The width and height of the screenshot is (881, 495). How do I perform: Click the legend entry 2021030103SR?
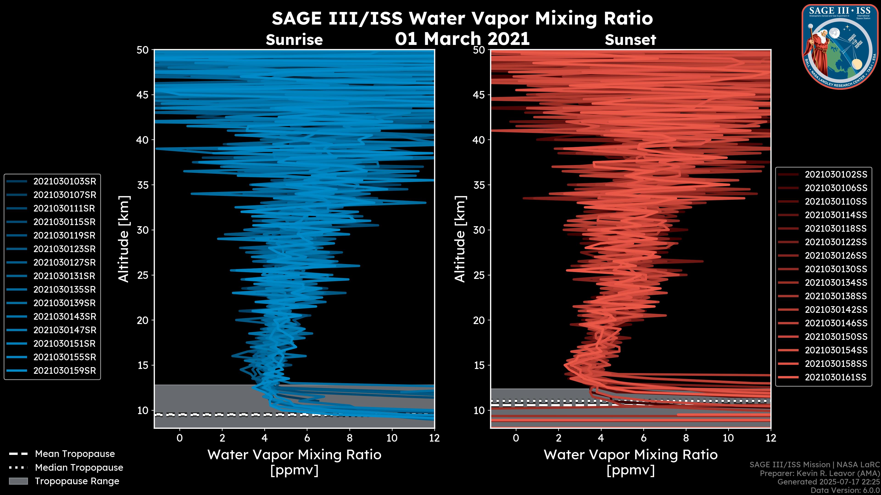click(64, 181)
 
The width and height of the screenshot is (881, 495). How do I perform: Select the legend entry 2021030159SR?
click(64, 371)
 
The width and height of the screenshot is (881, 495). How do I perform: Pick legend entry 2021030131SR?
click(64, 276)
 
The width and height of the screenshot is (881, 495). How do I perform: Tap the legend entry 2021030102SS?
click(836, 175)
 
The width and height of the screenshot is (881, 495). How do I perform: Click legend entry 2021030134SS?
click(836, 283)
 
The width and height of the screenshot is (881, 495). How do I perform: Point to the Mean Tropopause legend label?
click(75, 454)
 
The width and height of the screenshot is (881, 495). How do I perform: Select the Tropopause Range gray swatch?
click(18, 481)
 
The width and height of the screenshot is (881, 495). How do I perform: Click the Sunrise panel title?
click(294, 40)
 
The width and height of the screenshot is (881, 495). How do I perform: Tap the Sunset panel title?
click(630, 40)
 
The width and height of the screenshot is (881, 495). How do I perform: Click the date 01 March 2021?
click(462, 38)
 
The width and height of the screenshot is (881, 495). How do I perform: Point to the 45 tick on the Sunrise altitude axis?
click(143, 95)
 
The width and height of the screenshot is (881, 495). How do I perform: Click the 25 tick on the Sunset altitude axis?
click(479, 275)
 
